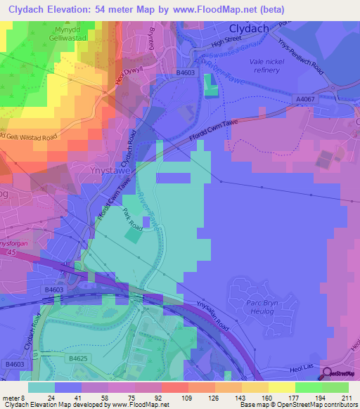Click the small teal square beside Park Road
tap(131, 238)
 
